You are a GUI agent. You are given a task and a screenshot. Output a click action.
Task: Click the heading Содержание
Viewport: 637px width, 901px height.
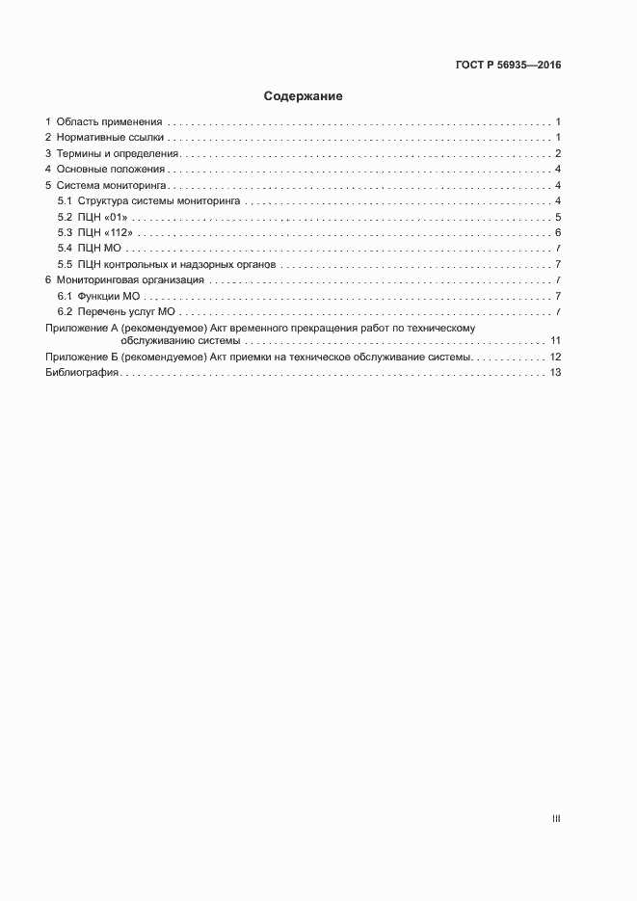point(304,96)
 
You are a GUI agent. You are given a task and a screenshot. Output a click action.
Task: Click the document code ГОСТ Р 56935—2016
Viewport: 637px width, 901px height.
point(507,66)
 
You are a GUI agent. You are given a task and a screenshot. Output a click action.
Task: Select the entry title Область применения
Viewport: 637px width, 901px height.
point(109,122)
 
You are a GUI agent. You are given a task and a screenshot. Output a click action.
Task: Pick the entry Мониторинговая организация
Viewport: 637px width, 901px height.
point(130,279)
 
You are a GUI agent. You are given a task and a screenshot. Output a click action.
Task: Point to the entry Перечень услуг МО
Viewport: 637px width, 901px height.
point(125,311)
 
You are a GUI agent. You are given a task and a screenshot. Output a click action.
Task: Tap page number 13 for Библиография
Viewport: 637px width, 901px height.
point(555,374)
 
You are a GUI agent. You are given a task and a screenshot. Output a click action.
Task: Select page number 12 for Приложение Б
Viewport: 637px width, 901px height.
point(555,358)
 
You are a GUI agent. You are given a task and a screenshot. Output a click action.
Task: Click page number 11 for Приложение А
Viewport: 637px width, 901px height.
point(555,341)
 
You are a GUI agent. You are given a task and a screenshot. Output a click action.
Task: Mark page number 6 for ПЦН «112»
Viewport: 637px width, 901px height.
point(558,232)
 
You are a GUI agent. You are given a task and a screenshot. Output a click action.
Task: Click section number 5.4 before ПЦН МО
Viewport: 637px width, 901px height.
point(65,249)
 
